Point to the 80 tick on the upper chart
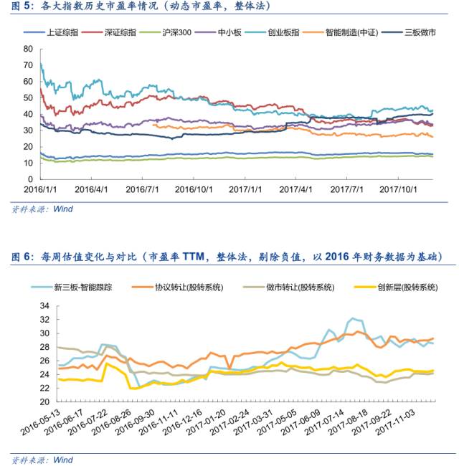(x=28, y=49)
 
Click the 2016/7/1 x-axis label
(x=142, y=189)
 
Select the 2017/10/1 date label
(x=398, y=189)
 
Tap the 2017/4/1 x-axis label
(x=295, y=189)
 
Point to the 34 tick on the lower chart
(x=44, y=305)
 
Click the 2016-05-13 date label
(x=41, y=422)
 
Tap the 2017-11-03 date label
(x=396, y=422)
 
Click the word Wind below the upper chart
(x=63, y=209)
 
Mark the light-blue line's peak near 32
(x=353, y=318)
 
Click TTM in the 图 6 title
(x=193, y=256)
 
